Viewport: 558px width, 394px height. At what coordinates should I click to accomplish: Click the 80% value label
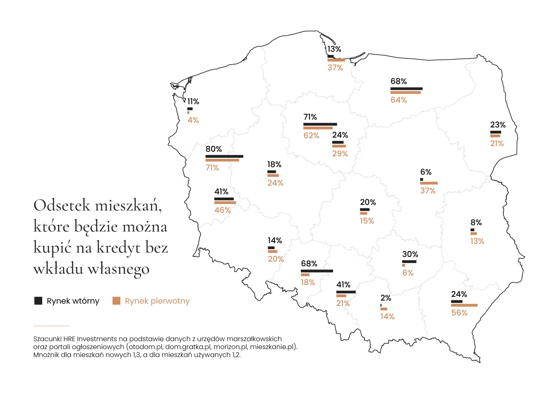click(214, 149)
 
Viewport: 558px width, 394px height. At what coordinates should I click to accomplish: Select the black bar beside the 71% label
click(320, 124)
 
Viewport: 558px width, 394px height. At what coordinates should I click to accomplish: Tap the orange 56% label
click(459, 313)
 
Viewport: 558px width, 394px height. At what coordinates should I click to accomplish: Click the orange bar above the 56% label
click(464, 306)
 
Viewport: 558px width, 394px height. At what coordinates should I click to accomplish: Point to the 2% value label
click(385, 298)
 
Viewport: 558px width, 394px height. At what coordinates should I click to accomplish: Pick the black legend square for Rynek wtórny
click(38, 301)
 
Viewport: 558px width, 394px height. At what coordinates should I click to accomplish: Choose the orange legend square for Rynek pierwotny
click(116, 301)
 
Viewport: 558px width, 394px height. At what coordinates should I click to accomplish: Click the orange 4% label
click(193, 120)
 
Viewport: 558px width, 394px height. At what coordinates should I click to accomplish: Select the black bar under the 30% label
click(409, 262)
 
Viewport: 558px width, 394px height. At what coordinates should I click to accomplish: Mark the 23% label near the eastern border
click(498, 125)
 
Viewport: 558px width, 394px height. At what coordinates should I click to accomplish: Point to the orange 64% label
click(399, 100)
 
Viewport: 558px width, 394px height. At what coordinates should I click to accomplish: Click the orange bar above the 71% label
click(222, 160)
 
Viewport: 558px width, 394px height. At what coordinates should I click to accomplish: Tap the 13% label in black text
click(334, 49)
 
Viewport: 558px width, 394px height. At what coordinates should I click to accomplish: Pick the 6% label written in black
click(426, 172)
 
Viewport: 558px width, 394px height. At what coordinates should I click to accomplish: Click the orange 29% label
click(340, 154)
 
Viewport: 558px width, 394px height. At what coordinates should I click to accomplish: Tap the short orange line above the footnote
click(51, 326)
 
